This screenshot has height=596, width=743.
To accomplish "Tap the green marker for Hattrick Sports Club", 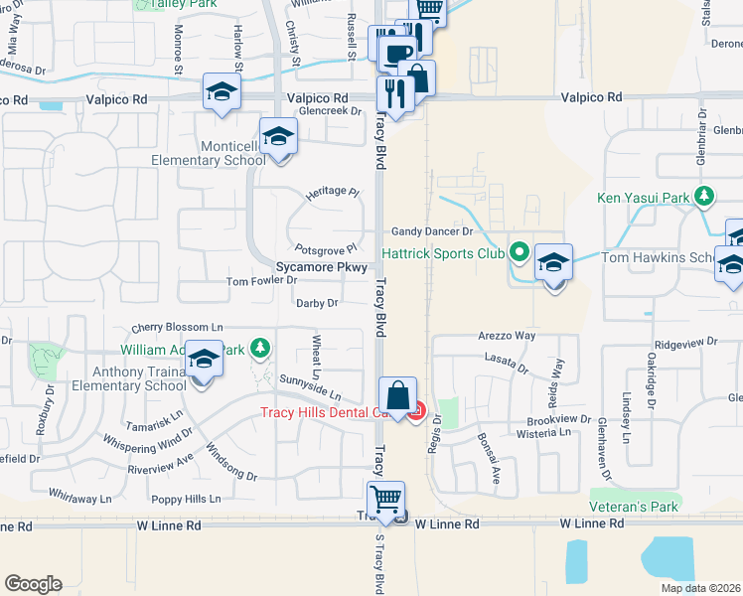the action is [518, 253].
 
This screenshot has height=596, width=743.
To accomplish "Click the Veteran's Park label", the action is [634, 507].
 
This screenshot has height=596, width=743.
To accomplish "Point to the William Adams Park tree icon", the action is [260, 348].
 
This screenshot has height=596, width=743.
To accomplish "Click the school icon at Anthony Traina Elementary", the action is [203, 361].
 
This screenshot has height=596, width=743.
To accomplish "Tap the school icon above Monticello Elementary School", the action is [279, 137].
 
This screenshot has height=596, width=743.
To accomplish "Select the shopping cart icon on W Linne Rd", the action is [384, 498].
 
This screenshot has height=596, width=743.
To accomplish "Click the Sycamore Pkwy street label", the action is [322, 268].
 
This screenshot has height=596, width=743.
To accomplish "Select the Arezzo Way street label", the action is [507, 337].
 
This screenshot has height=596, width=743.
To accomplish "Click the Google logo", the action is [33, 583].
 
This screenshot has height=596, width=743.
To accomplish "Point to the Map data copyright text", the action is [700, 588].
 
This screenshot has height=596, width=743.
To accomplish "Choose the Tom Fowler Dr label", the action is [262, 282].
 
